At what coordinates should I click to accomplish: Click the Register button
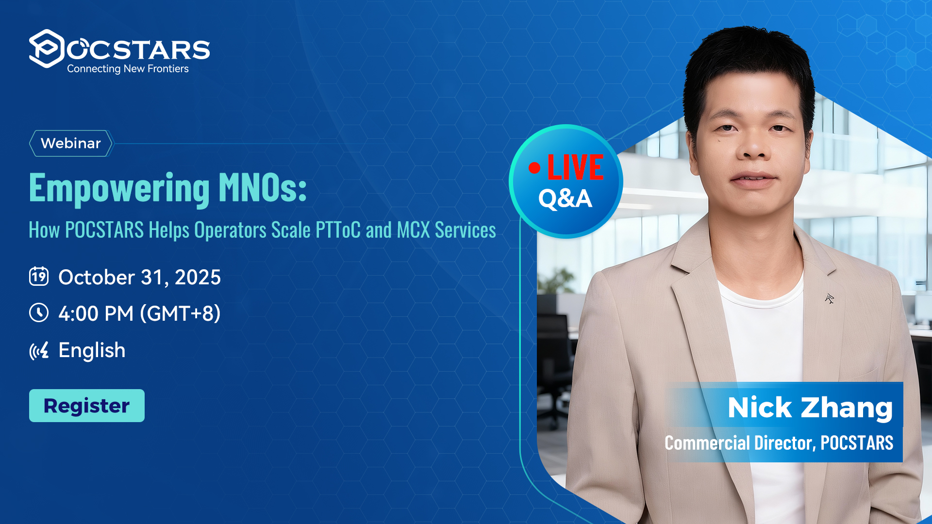click(x=87, y=406)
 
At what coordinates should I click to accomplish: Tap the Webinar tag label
click(x=71, y=143)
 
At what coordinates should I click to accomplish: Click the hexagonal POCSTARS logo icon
click(x=46, y=49)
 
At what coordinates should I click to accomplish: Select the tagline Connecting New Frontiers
click(x=128, y=69)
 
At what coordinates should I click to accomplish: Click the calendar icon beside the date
click(x=39, y=276)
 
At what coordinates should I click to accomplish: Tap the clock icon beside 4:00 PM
click(x=39, y=313)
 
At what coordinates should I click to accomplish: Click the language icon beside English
click(x=39, y=350)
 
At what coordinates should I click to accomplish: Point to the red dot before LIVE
click(x=534, y=167)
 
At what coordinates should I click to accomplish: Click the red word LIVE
click(x=576, y=167)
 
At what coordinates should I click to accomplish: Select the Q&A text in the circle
click(x=566, y=199)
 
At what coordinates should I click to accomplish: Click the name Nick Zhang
click(x=810, y=407)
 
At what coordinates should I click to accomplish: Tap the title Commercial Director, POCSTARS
click(x=779, y=443)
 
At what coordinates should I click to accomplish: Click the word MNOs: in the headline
click(x=263, y=188)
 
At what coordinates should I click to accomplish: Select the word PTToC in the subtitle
click(x=338, y=230)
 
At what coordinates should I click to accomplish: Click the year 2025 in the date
click(x=198, y=278)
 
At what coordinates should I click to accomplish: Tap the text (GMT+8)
click(x=180, y=314)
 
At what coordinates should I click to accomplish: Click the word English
click(x=92, y=350)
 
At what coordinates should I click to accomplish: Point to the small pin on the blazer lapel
click(x=830, y=298)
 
